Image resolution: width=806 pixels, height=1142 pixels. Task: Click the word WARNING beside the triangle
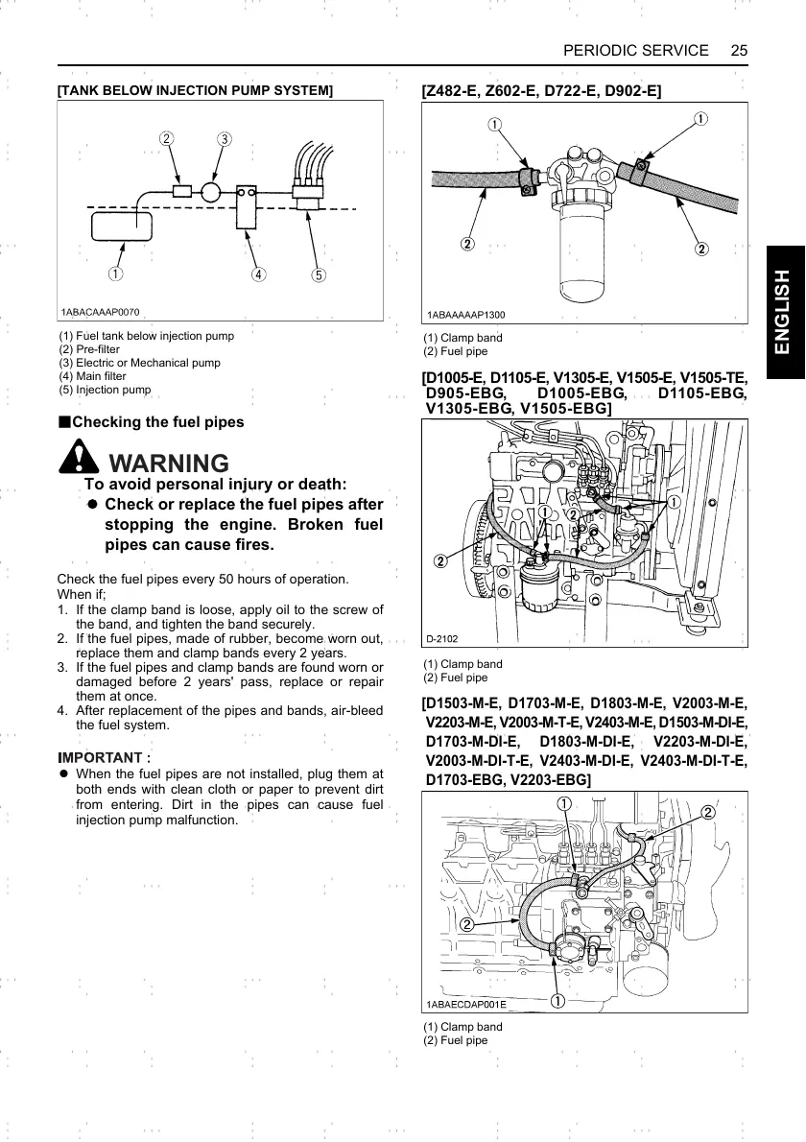pyautogui.click(x=170, y=464)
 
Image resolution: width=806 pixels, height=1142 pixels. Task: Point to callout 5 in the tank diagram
pyautogui.click(x=319, y=275)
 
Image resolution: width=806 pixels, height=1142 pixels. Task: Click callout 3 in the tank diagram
pyautogui.click(x=224, y=138)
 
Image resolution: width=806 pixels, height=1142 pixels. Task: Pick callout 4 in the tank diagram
pyautogui.click(x=258, y=275)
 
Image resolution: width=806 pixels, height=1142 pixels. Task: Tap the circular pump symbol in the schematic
pyautogui.click(x=211, y=191)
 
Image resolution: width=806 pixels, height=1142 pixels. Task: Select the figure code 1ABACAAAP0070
pyautogui.click(x=101, y=313)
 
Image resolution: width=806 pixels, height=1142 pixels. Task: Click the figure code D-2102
pyautogui.click(x=442, y=637)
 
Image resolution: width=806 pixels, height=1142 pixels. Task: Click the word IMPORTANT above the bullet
pyautogui.click(x=104, y=756)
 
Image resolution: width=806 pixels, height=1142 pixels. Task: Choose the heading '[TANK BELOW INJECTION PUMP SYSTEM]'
pyautogui.click(x=196, y=90)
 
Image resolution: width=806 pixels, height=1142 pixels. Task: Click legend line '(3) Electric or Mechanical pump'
pyautogui.click(x=140, y=363)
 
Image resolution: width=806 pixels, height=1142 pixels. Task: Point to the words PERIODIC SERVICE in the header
pyautogui.click(x=636, y=50)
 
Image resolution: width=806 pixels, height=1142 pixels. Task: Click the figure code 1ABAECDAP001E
pyautogui.click(x=466, y=1004)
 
